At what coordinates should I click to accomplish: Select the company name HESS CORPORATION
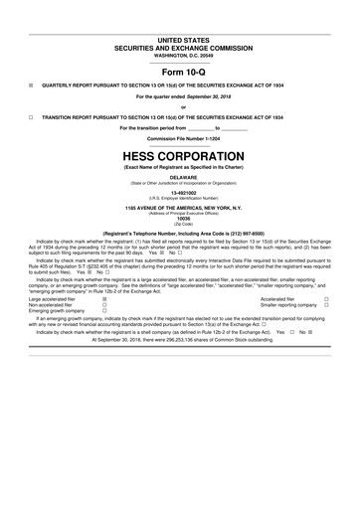179,158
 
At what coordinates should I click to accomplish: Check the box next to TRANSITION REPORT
32,117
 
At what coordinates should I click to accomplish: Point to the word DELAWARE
179,179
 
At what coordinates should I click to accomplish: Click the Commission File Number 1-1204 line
179,137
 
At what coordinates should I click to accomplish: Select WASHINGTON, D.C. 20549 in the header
179,55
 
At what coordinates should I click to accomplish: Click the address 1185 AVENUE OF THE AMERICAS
179,207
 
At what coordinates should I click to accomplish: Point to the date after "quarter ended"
210,97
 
